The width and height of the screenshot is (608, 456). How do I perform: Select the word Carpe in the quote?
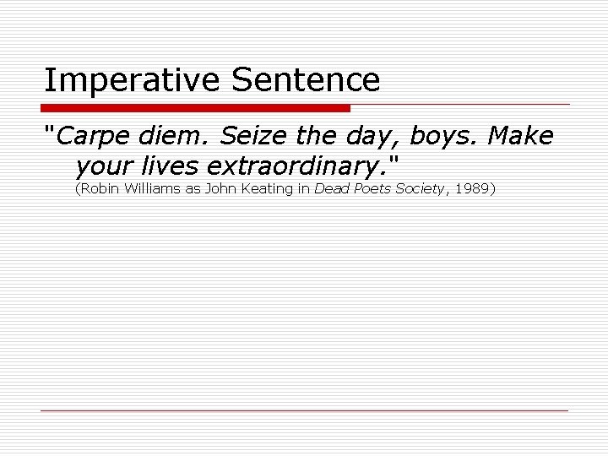click(x=93, y=135)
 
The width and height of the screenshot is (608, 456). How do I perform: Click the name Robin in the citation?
click(x=99, y=189)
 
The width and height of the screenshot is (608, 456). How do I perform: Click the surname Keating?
click(x=265, y=189)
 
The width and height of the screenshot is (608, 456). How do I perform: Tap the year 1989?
click(x=470, y=189)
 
